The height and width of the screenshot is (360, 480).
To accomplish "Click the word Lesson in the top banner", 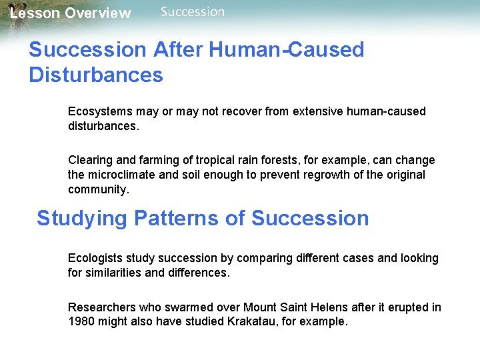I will [33, 13].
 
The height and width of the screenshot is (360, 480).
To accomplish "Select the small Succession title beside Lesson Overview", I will [193, 11].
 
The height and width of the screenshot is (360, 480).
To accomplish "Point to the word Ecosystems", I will [100, 111].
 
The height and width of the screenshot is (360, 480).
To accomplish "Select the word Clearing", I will [89, 160].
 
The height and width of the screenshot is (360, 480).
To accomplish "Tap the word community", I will [97, 189].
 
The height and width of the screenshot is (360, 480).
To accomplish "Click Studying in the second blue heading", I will [82, 219].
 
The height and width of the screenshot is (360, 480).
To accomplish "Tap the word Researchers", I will [101, 307].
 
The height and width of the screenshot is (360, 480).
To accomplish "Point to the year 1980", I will [81, 322].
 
